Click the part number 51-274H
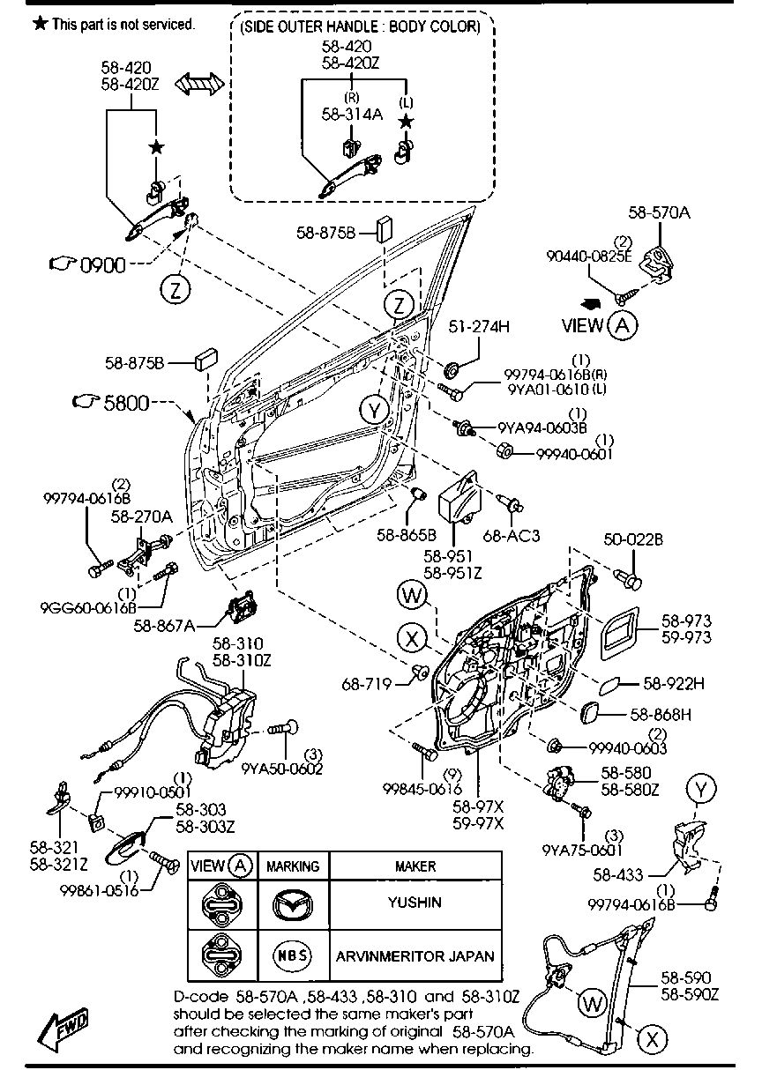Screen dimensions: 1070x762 point(480,326)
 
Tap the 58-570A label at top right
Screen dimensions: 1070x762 point(661,212)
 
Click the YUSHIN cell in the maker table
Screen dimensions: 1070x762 point(415,903)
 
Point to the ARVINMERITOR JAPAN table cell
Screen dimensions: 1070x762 point(415,955)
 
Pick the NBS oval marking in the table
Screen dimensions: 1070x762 point(292,955)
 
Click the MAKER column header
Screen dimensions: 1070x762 point(415,866)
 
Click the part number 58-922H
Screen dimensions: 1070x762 point(674,682)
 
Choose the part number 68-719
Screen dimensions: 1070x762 point(364,684)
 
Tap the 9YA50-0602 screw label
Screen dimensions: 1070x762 point(282,768)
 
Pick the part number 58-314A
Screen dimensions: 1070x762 point(351,113)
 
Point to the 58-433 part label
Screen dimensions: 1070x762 point(617,875)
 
